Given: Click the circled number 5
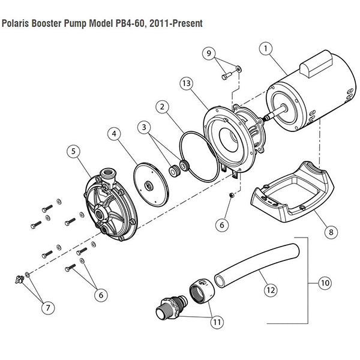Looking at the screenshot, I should point(74,152).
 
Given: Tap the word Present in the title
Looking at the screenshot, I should point(186,24).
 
